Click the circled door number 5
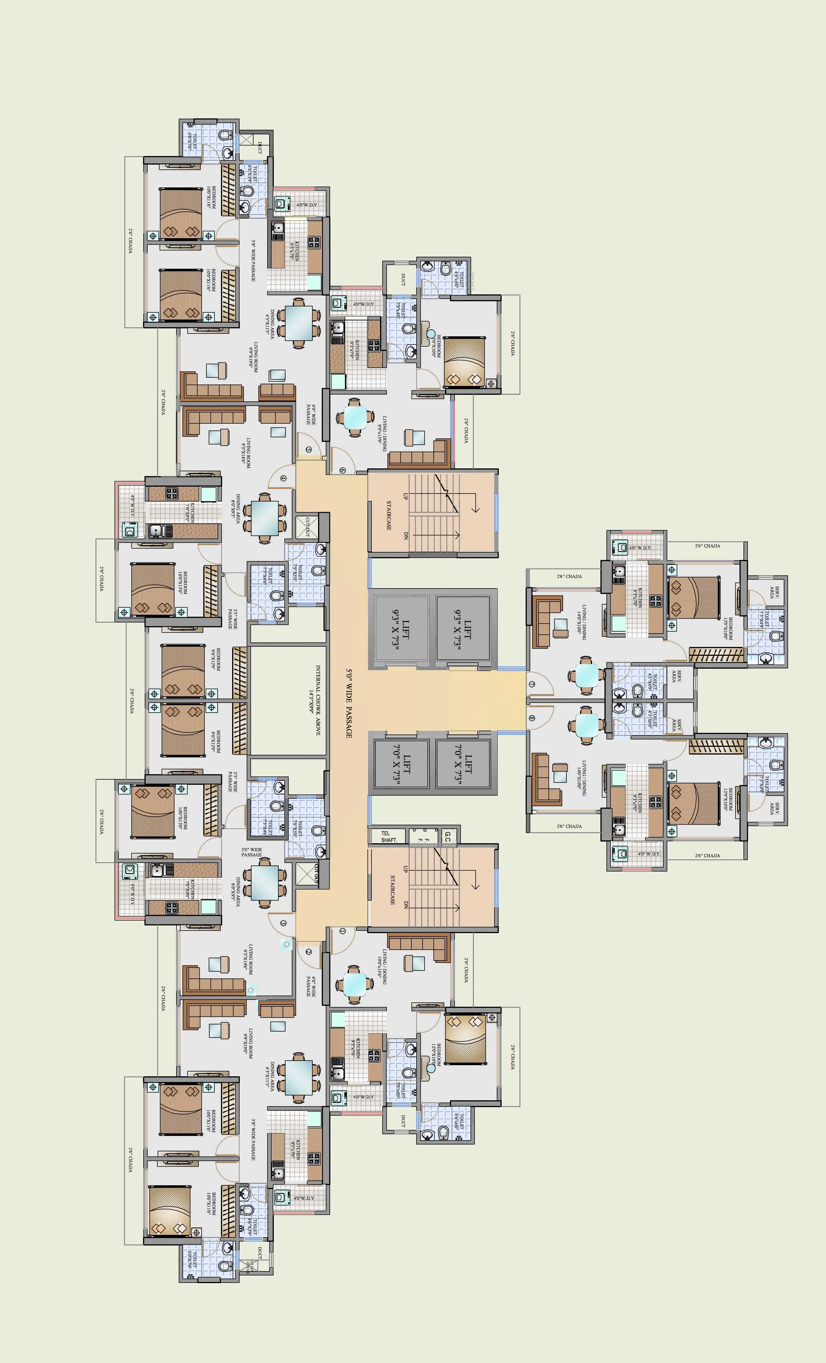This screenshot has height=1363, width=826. coord(308,450)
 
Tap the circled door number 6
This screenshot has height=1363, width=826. coord(343,470)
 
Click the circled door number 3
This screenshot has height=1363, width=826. coord(284,923)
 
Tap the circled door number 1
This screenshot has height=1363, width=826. coord(343,931)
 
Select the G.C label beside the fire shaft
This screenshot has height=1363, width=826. coord(447,836)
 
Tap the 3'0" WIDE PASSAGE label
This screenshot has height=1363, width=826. coord(251,852)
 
